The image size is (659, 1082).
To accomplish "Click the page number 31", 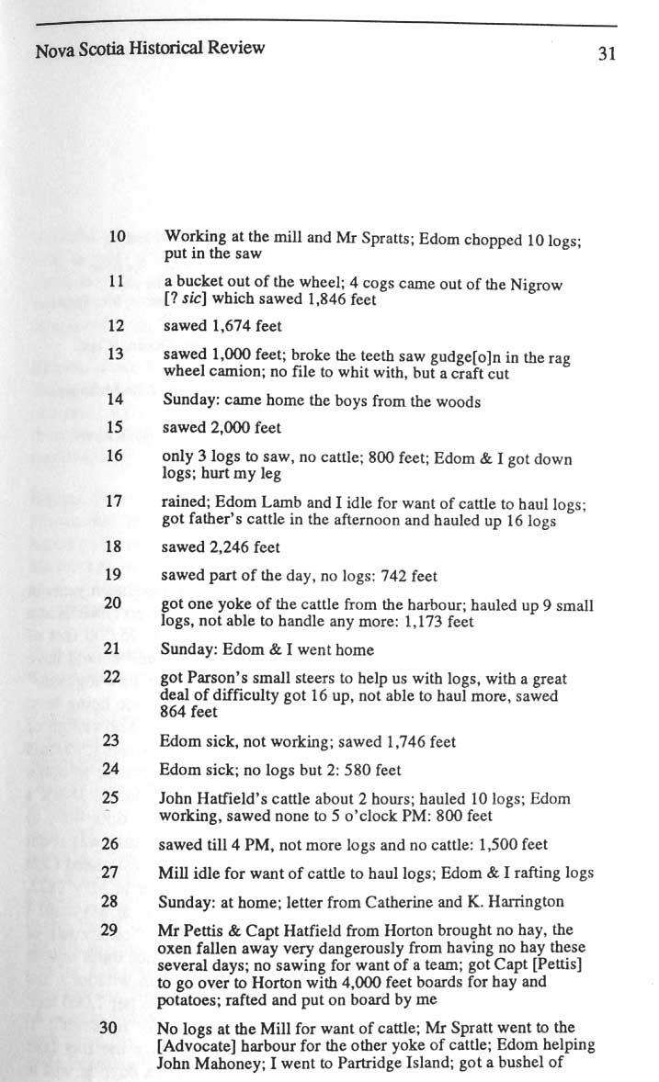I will click(605, 53).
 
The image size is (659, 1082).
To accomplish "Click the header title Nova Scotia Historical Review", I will click(150, 48).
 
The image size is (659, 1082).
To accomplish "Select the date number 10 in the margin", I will click(117, 236).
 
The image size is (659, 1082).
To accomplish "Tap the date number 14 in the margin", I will click(116, 400).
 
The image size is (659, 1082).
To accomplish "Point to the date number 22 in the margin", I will click(113, 678).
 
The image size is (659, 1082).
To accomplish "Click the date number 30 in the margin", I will click(109, 1028).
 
